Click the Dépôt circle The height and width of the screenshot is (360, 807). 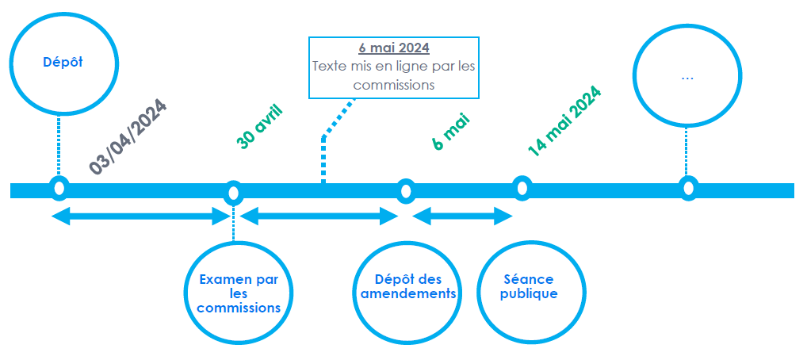pos(62,63)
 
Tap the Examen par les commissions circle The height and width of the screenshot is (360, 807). pos(239,292)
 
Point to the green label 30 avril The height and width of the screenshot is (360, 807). pos(260,125)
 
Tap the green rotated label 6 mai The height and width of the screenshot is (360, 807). pos(451,132)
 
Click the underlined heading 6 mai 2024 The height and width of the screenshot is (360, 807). pos(393,48)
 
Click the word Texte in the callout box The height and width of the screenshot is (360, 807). pos(329,67)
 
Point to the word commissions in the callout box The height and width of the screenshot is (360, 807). pos(394,85)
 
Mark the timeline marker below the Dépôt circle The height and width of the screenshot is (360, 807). pos(59,189)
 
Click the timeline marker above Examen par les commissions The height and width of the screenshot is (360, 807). pos(233,192)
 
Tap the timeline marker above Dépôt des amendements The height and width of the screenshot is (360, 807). pos(406,191)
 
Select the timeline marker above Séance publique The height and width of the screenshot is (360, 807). pos(521,188)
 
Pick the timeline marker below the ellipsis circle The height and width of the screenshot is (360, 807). pos(688,188)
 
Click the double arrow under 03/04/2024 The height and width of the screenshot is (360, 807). pos(140,216)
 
